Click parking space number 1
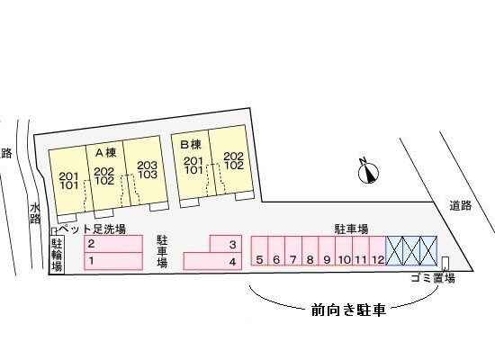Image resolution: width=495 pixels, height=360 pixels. tap(113, 261)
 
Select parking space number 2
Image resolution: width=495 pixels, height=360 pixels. tap(113, 244)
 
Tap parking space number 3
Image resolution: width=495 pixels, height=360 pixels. tap(226, 244)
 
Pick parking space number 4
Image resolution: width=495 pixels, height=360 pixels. tap(212, 261)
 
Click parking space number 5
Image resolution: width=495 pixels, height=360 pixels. tap(259, 251)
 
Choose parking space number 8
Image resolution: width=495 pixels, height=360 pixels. tap(310, 251)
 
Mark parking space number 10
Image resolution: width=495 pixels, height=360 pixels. tap(344, 251)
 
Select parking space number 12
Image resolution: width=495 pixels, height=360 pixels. tap(378, 251)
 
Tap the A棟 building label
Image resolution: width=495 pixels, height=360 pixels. tap(106, 153)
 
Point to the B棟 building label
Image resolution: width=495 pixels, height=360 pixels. tap(191, 145)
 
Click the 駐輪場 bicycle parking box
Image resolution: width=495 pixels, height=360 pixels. tap(57, 255)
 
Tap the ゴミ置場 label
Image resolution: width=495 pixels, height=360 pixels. tap(433, 278)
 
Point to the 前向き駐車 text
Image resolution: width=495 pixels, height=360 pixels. tap(348, 310)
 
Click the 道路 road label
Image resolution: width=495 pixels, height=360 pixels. tap(461, 205)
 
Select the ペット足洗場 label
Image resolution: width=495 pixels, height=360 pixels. tap(93, 229)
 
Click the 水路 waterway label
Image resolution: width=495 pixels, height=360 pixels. tap(35, 213)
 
